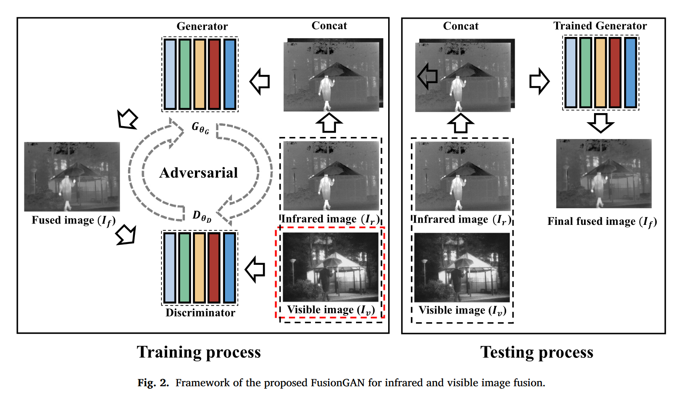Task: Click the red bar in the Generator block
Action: (214, 74)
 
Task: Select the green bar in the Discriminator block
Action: (185, 267)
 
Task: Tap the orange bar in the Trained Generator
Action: (600, 73)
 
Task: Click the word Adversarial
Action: (198, 173)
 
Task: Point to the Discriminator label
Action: (200, 313)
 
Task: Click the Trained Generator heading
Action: (600, 26)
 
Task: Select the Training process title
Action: (198, 352)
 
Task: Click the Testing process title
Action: (537, 352)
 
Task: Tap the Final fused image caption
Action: (602, 222)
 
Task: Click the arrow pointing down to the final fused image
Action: (601, 123)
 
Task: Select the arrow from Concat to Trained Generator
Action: (539, 81)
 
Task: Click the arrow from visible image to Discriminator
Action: (255, 269)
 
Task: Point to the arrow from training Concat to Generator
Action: (260, 81)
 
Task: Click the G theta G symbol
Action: (200, 128)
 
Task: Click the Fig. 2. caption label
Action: (153, 383)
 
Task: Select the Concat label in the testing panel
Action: (460, 26)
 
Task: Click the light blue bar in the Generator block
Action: (170, 74)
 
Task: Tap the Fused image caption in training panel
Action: (74, 220)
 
